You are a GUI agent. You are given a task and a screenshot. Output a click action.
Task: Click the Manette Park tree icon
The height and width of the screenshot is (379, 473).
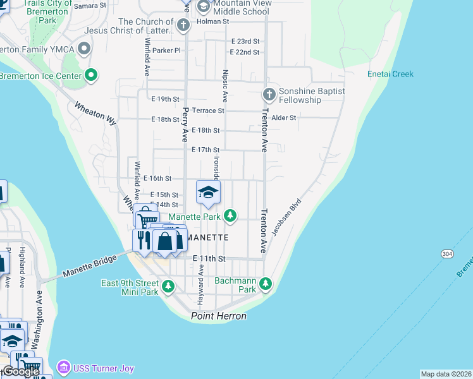tap(231, 216)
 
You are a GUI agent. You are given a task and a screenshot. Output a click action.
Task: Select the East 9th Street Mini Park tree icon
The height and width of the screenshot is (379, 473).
tap(168, 287)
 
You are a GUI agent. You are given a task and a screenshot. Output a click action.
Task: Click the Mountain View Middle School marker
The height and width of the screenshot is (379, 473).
tap(204, 7)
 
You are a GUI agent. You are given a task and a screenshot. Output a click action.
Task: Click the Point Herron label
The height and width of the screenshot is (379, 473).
tap(219, 316)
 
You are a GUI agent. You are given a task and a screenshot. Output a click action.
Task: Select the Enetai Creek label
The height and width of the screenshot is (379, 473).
tap(390, 74)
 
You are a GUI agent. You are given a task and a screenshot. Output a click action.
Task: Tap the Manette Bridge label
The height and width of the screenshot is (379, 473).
tap(89, 267)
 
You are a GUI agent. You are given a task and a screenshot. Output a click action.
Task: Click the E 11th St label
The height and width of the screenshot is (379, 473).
tap(209, 258)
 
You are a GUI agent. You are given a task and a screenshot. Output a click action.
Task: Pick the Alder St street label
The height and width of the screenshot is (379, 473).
tap(283, 117)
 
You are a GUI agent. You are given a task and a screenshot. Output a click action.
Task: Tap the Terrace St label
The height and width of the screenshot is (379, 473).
tap(208, 111)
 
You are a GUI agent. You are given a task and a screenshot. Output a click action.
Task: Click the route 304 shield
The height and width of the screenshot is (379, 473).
tap(447, 253)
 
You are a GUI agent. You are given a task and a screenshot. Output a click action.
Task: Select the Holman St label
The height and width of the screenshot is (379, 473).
tap(212, 21)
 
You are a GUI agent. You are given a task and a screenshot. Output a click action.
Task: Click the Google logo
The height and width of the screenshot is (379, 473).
tap(20, 372)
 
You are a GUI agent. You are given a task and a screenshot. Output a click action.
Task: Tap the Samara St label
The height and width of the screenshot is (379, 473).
tap(90, 6)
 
